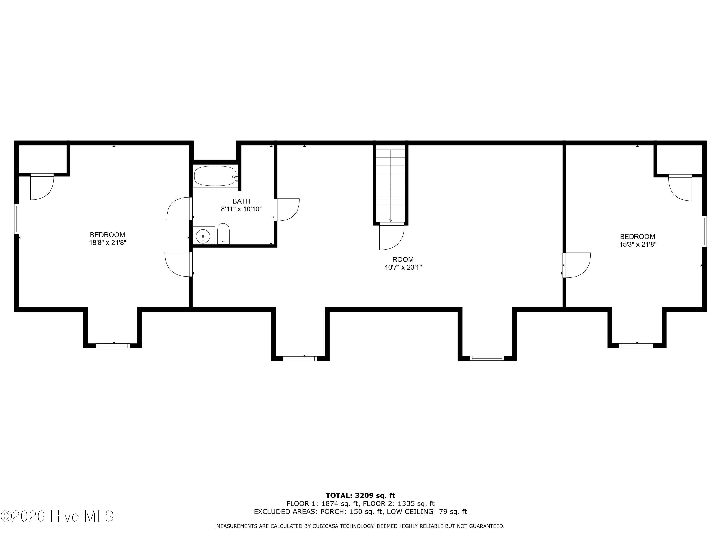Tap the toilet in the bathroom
click(x=223, y=234)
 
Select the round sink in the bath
click(x=203, y=235)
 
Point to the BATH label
click(x=241, y=201)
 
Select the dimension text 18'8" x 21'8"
click(x=108, y=243)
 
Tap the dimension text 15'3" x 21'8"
click(x=638, y=244)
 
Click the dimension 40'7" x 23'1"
click(x=403, y=267)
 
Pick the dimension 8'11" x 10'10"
click(x=241, y=209)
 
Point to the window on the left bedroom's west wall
click(x=17, y=219)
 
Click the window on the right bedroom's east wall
click(x=704, y=231)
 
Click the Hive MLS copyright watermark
click(x=57, y=516)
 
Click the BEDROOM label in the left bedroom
click(x=108, y=235)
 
